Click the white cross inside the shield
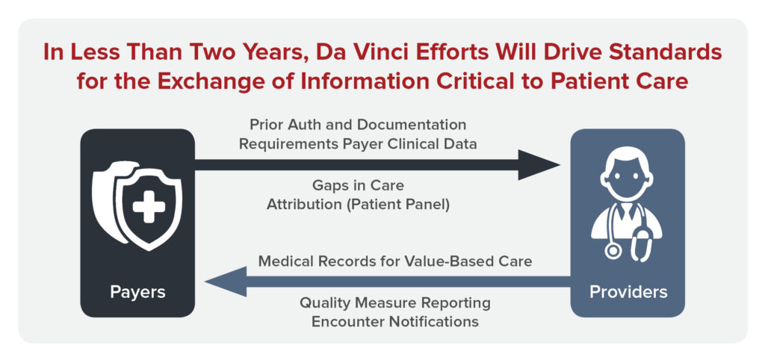point(149,207)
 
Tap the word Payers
point(137,292)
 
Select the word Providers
point(628,292)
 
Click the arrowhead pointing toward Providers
point(539,165)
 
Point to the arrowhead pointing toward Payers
point(226,282)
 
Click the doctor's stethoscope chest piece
point(613,251)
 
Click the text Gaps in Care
point(358,186)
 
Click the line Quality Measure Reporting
point(395,303)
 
